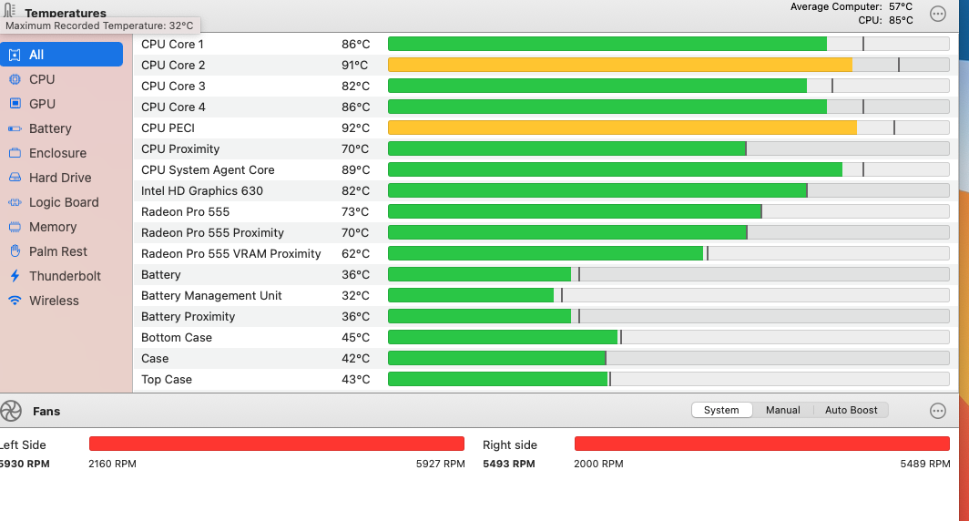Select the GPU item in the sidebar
pyautogui.click(x=42, y=104)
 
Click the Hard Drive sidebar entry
pyautogui.click(x=60, y=178)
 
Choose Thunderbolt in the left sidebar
pyautogui.click(x=65, y=276)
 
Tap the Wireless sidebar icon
pyautogui.click(x=15, y=301)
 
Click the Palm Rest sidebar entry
pyautogui.click(x=58, y=251)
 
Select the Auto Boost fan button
pyautogui.click(x=851, y=410)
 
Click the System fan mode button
pyautogui.click(x=721, y=410)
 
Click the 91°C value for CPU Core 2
pyautogui.click(x=355, y=66)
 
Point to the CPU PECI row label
pyautogui.click(x=168, y=128)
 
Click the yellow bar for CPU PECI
pyautogui.click(x=622, y=128)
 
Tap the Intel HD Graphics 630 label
pyautogui.click(x=201, y=190)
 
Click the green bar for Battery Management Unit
pyautogui.click(x=471, y=295)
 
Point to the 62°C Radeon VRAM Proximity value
pyautogui.click(x=355, y=253)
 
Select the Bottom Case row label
pyautogui.click(x=177, y=337)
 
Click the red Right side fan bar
pyautogui.click(x=750, y=444)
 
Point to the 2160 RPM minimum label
pyautogui.click(x=112, y=464)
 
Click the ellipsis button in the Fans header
pyautogui.click(x=937, y=411)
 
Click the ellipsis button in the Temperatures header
pyautogui.click(x=937, y=14)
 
